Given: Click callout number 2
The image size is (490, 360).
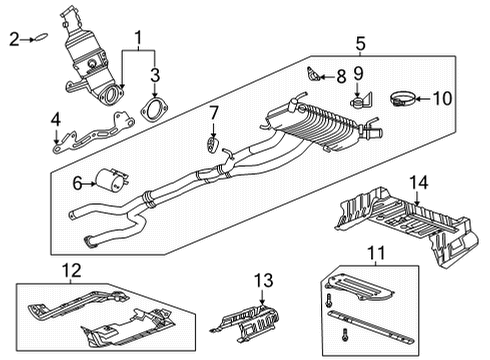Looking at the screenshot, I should click(14, 39).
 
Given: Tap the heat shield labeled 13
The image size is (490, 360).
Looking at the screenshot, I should click(249, 319).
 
